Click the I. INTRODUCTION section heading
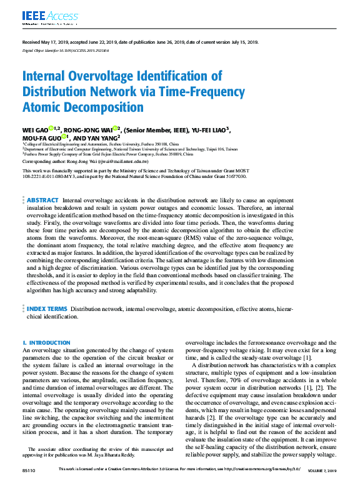[46, 343]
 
